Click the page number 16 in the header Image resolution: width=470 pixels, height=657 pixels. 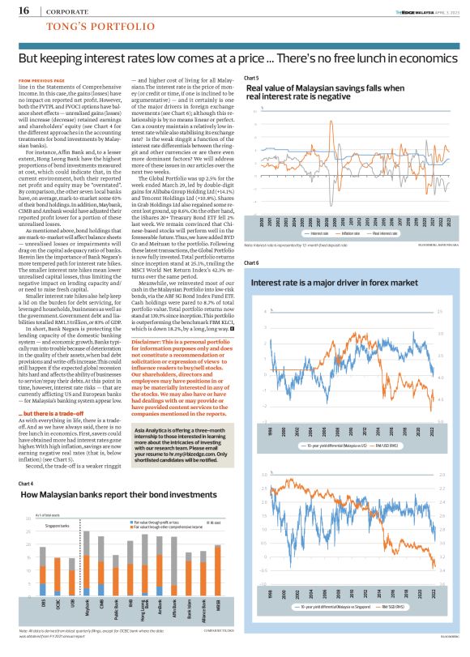[x=23, y=11]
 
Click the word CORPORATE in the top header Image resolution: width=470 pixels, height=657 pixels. [x=69, y=11]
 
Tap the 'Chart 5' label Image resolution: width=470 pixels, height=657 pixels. [x=251, y=77]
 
